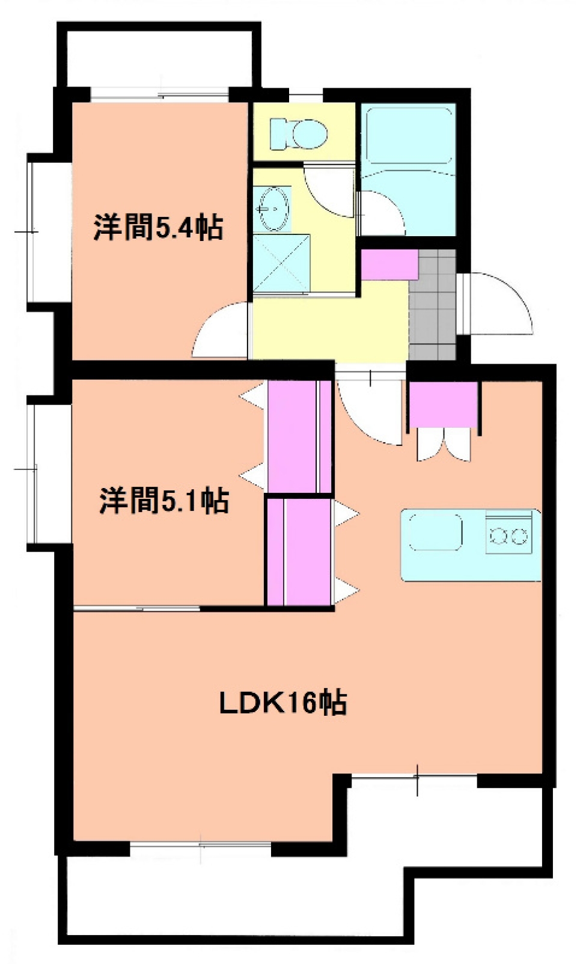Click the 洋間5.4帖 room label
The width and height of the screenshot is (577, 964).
pos(158,227)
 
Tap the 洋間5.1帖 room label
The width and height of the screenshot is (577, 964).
pos(163,500)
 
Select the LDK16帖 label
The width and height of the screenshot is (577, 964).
pos(282,702)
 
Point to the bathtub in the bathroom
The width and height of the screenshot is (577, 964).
pos(409,136)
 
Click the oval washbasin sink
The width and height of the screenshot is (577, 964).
pos(273,209)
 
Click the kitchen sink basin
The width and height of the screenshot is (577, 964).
pos(435,531)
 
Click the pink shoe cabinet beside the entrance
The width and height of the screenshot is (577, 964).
pos(389,264)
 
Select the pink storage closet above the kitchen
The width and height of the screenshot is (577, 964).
pos(444,404)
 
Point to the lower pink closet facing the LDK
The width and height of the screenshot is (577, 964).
pos(299,552)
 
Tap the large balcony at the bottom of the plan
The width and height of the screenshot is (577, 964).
pos(240,895)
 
